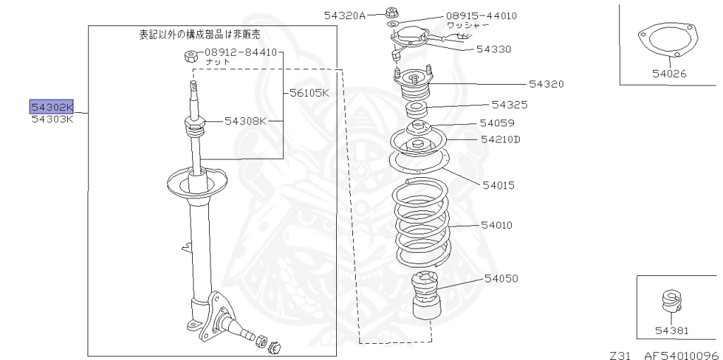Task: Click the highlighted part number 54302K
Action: pos(52,107)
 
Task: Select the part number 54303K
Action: pos(52,119)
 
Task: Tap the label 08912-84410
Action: pos(241,52)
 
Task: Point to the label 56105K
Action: pos(309,92)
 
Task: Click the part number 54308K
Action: pos(246,121)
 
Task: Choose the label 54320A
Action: pos(345,15)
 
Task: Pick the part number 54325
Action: pos(510,104)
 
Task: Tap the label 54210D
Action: pos(500,139)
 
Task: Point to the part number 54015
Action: pos(498,186)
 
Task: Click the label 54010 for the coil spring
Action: pos(497,225)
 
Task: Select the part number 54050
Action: pos(501,278)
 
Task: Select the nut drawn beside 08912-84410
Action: pos(189,56)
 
